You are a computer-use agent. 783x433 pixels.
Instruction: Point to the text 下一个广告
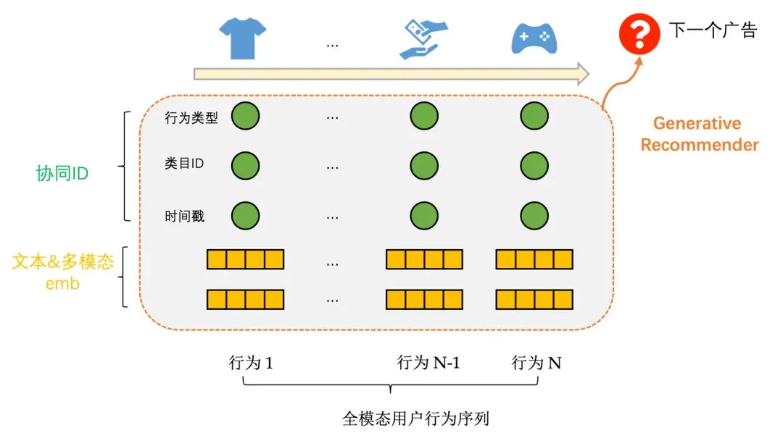[712, 30]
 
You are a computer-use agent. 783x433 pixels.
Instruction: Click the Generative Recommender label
[699, 134]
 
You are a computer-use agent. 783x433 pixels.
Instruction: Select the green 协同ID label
[62, 173]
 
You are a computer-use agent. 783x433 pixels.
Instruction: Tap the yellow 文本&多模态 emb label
[62, 272]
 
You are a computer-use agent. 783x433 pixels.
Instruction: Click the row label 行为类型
[191, 118]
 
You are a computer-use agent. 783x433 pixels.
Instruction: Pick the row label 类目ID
[184, 164]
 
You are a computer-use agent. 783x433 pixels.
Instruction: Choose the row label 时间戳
[184, 216]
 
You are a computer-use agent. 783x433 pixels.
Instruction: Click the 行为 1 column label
[251, 363]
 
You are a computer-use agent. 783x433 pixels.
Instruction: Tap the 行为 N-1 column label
[428, 363]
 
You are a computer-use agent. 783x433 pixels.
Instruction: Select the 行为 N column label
[536, 363]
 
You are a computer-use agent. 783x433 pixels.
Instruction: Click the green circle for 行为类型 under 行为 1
[245, 116]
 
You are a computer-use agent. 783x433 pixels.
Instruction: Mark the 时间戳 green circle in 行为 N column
[534, 215]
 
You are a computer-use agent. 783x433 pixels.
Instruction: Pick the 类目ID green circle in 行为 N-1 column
[424, 165]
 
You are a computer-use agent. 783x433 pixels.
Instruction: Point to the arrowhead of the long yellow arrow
[581, 73]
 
